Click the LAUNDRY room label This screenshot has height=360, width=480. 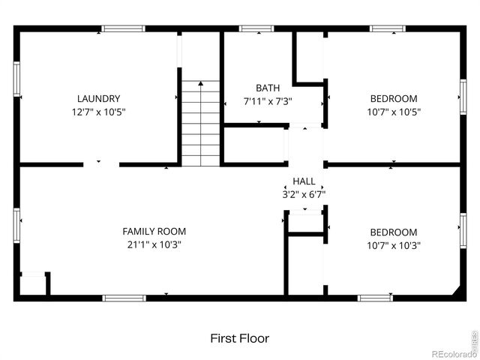pyautogui.click(x=98, y=98)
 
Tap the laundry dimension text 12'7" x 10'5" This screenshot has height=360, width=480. pyautogui.click(x=98, y=112)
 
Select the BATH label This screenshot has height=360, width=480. pyautogui.click(x=268, y=88)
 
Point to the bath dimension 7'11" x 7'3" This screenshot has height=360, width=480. pyautogui.click(x=268, y=101)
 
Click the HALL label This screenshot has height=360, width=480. pyautogui.click(x=304, y=181)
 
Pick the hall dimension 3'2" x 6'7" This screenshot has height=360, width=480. pyautogui.click(x=304, y=194)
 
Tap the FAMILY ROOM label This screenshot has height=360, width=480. pyautogui.click(x=154, y=232)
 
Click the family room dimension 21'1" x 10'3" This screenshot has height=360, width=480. pyautogui.click(x=154, y=244)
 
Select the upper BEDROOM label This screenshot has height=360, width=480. pyautogui.click(x=394, y=98)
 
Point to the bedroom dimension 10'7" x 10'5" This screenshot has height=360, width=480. pyautogui.click(x=394, y=112)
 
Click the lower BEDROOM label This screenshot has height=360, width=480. pyautogui.click(x=394, y=232)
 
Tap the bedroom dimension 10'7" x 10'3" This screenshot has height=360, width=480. pyautogui.click(x=394, y=245)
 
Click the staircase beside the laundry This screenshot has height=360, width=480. pyautogui.click(x=201, y=123)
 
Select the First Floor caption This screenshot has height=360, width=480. pyautogui.click(x=239, y=339)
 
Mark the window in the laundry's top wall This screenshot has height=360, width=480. pyautogui.click(x=124, y=29)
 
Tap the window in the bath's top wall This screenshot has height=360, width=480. pyautogui.click(x=256, y=29)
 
